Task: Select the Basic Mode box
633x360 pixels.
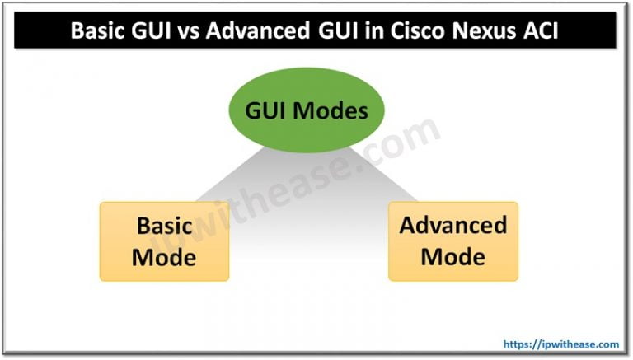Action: [x=164, y=241]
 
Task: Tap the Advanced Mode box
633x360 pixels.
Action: [x=452, y=241]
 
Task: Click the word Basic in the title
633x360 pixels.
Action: [x=100, y=30]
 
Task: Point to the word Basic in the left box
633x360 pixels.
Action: [x=164, y=226]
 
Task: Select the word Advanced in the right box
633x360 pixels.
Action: [x=452, y=226]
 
